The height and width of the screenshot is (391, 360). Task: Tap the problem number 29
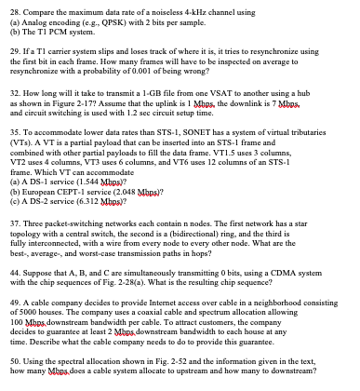pos(11,45)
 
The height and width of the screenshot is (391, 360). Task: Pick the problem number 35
pos(11,137)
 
